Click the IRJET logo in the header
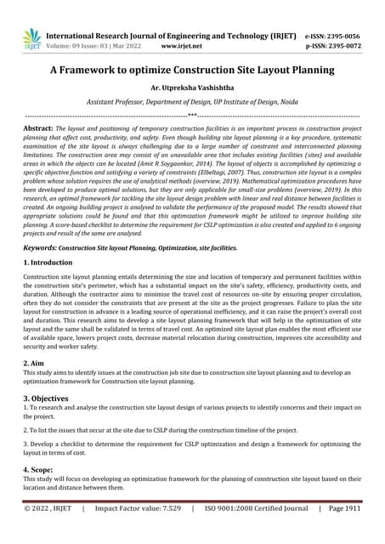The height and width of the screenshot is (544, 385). pyautogui.click(x=31, y=37)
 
